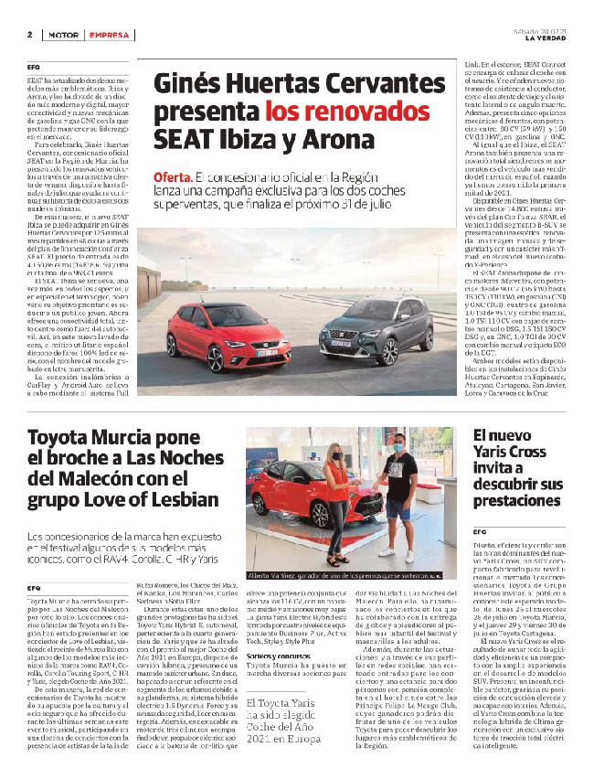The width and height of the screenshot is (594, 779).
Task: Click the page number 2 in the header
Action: click(x=29, y=34)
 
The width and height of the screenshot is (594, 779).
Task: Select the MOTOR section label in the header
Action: click(x=61, y=34)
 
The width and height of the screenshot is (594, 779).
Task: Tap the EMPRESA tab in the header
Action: click(x=109, y=34)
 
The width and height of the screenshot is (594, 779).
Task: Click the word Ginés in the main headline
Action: click(x=188, y=86)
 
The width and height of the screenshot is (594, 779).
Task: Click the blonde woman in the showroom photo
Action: click(x=337, y=495)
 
